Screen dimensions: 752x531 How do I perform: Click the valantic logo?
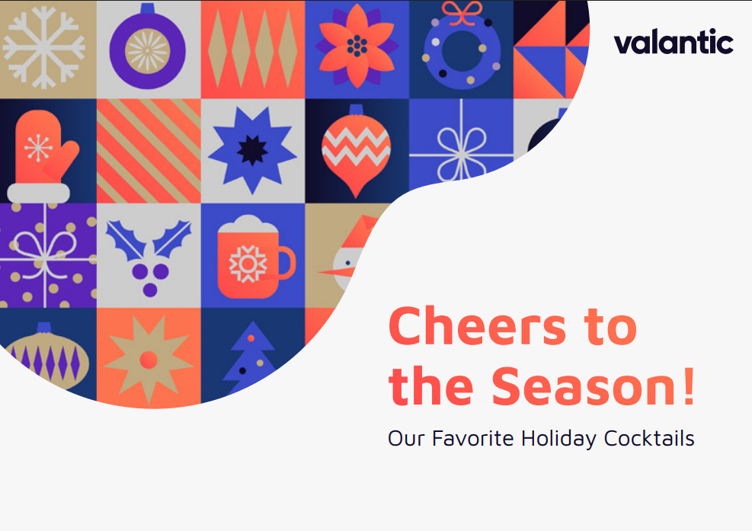pos(674,42)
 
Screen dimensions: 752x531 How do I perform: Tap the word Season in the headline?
pos(584,385)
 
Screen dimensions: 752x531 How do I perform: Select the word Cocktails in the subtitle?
pos(649,438)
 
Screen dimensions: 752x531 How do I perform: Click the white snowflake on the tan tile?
pos(43,47)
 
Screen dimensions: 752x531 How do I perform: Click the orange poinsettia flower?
pos(357,46)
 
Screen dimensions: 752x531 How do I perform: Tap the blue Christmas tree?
pos(251,357)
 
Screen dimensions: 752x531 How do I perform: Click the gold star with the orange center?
pos(149,360)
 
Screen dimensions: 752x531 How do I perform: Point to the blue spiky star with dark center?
pos(252,150)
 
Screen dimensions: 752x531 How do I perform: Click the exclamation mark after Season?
pos(690,385)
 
